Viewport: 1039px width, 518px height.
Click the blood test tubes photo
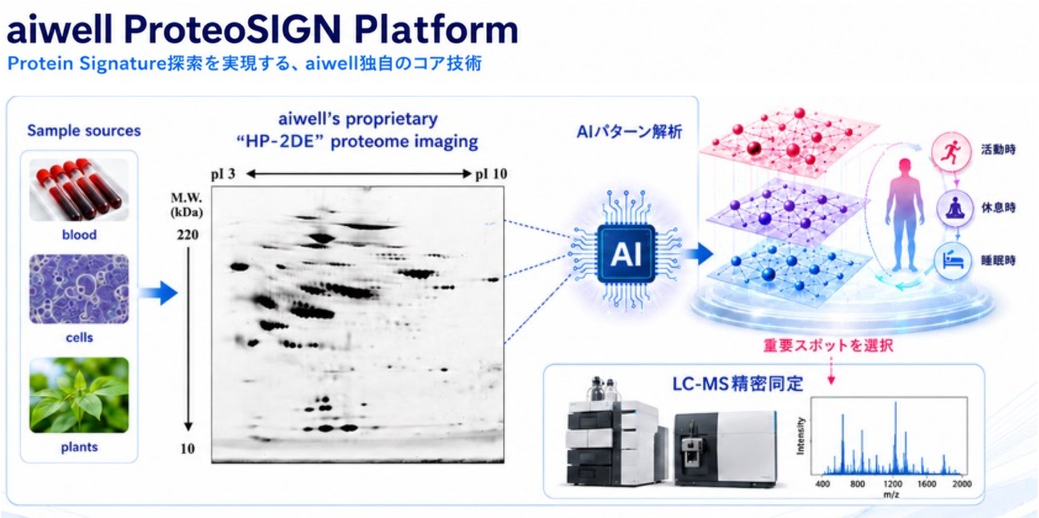(79, 190)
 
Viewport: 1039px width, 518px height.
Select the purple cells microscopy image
(79, 289)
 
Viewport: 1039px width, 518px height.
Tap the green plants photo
(79, 395)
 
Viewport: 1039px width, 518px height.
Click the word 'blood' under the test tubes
(79, 235)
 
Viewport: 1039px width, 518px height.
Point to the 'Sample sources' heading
(84, 130)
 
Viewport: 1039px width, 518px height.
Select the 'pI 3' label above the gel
(223, 174)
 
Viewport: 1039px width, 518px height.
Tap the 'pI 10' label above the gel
(491, 174)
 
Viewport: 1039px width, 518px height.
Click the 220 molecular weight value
(188, 235)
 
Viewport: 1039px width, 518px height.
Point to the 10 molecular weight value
(188, 449)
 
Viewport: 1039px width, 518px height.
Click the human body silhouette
(904, 215)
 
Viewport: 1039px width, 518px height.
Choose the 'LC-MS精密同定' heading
(737, 383)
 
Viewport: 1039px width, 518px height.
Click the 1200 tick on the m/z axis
(892, 484)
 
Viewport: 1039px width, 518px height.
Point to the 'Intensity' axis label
(800, 435)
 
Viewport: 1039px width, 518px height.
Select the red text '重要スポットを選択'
(828, 346)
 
